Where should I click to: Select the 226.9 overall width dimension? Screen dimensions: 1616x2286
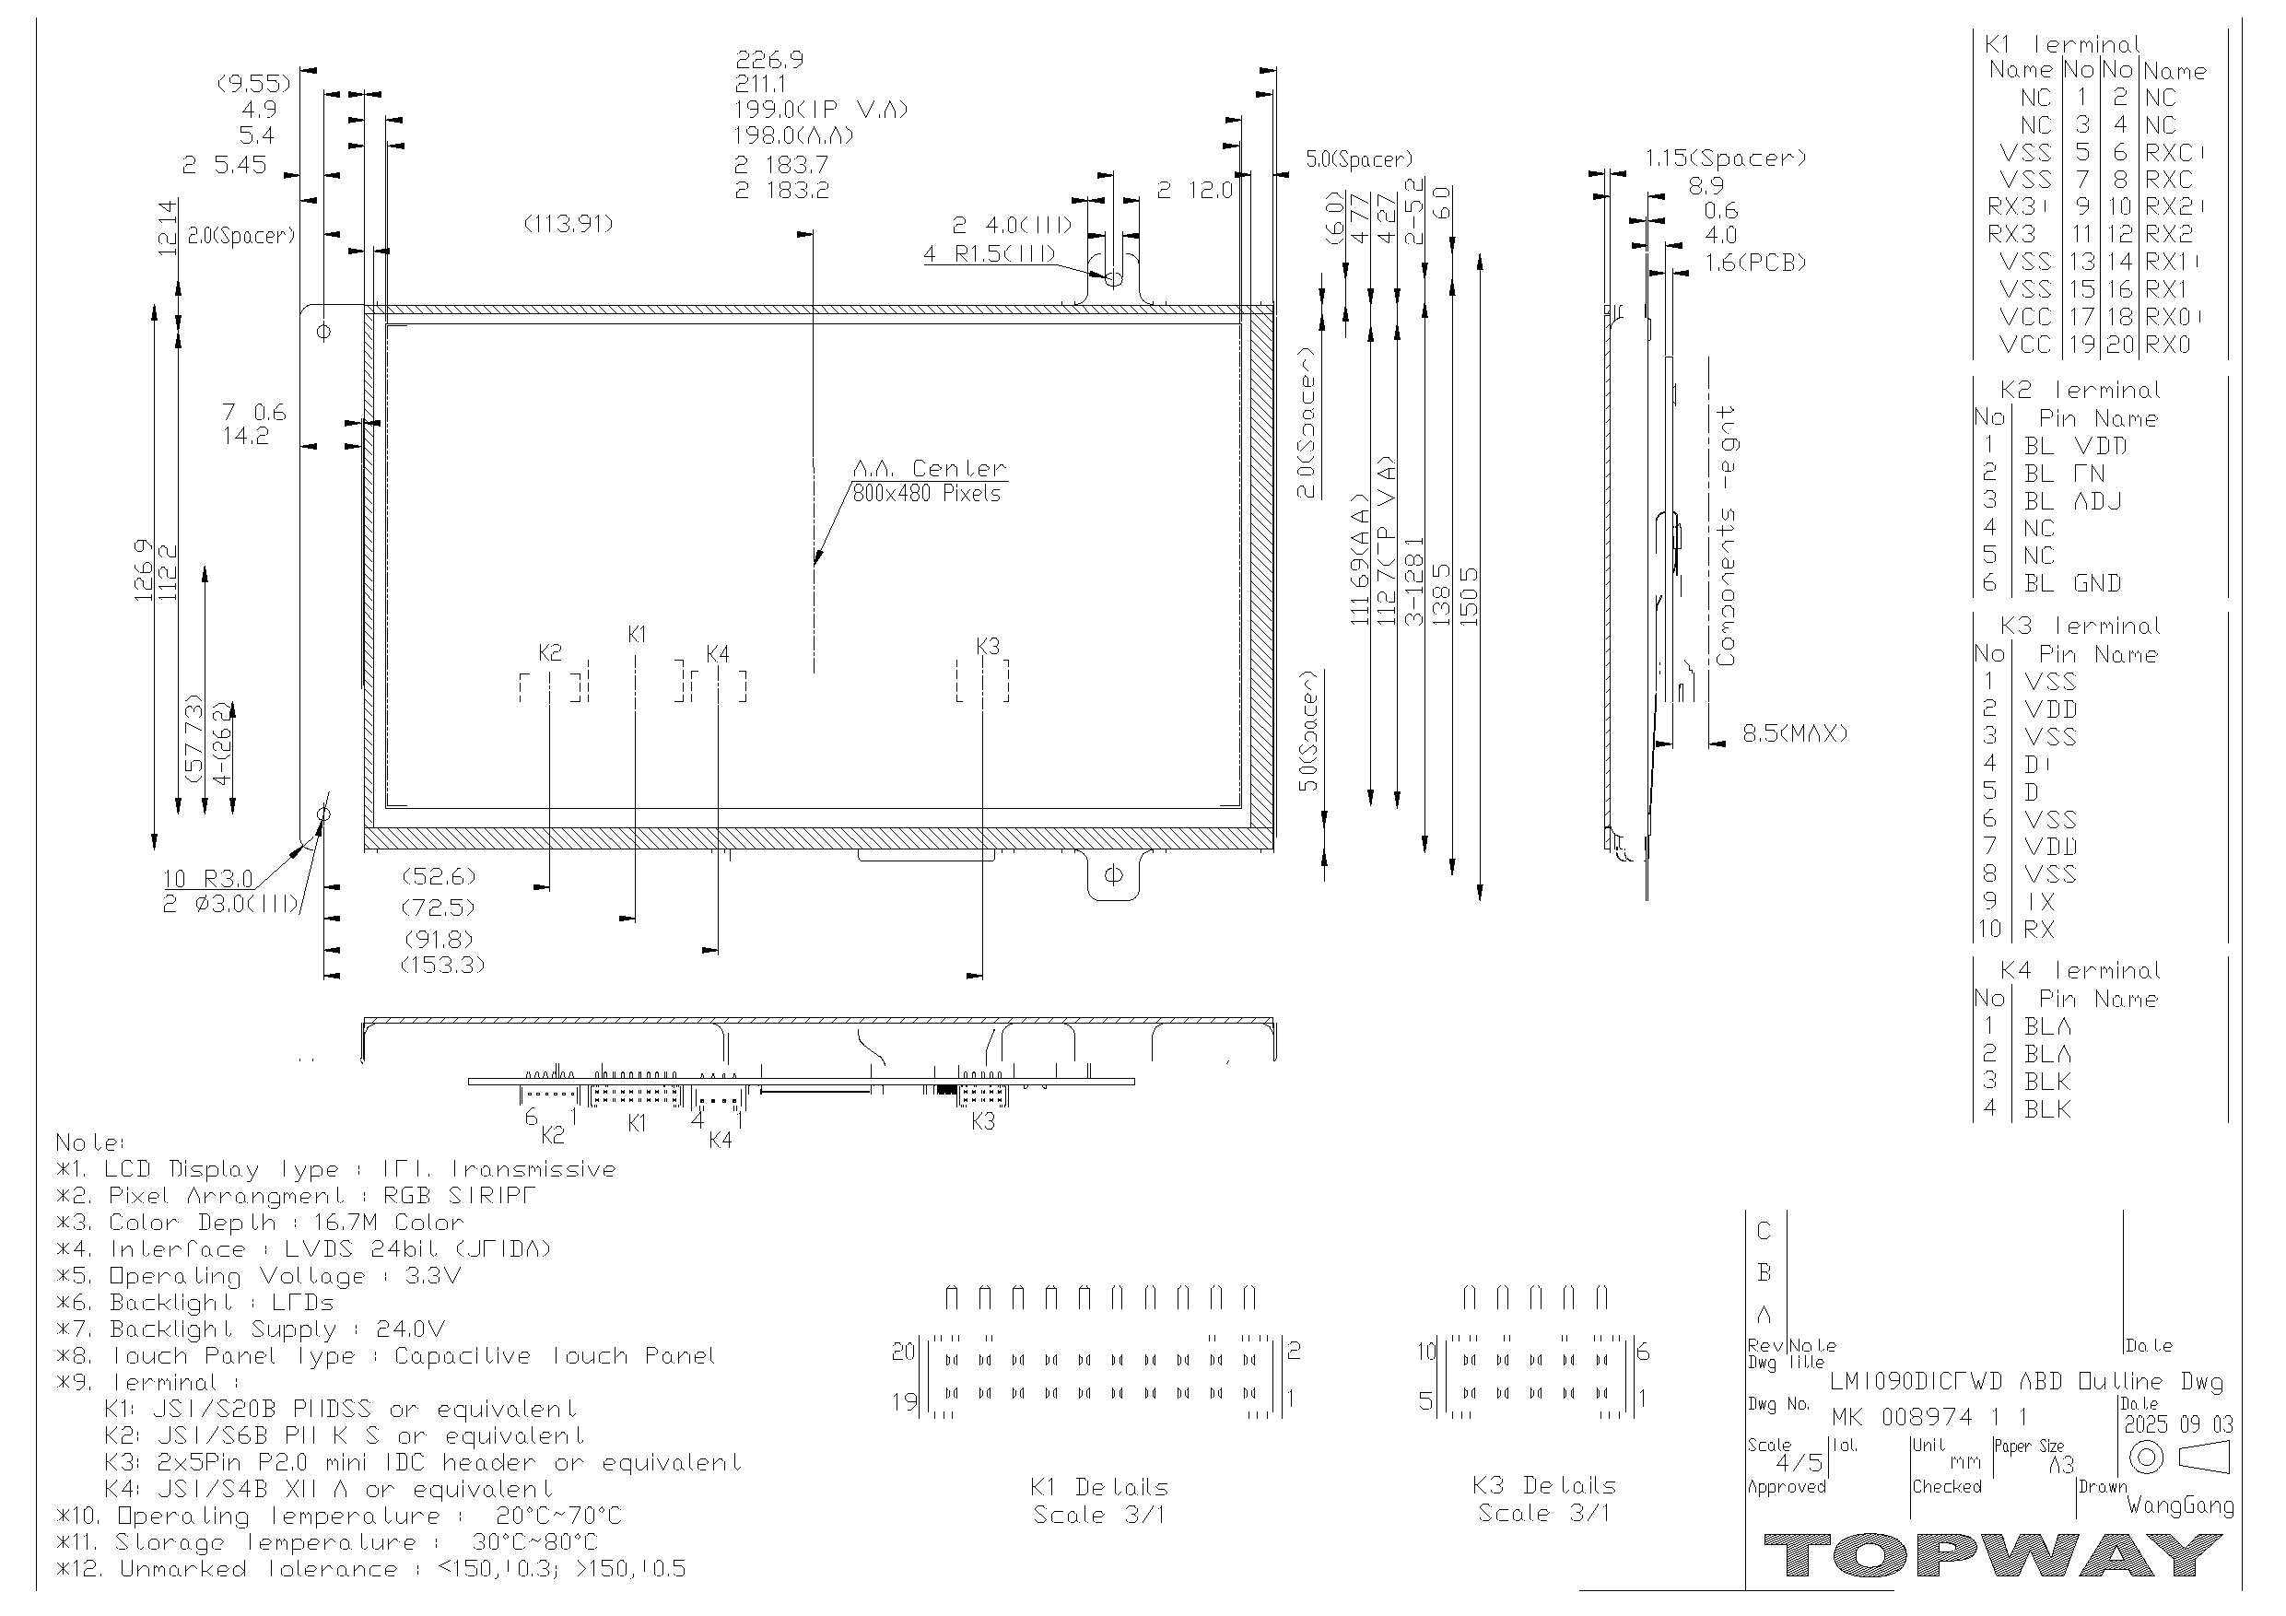click(768, 60)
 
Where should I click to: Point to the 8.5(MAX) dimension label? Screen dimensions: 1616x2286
click(1794, 733)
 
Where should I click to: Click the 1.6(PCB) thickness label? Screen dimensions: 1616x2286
click(1755, 263)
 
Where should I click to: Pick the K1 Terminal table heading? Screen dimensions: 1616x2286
click(2061, 45)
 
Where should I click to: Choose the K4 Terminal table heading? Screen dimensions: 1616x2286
click(2080, 971)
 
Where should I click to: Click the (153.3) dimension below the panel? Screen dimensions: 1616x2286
click(442, 965)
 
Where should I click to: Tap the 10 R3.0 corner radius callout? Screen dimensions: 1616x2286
click(208, 879)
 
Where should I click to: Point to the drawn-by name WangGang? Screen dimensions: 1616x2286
click(2179, 1505)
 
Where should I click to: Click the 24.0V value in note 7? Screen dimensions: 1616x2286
click(410, 1329)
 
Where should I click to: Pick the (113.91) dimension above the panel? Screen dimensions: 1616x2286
click(569, 224)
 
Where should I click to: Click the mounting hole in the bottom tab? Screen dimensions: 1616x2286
click(1113, 875)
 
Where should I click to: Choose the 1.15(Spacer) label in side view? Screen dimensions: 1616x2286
click(1725, 158)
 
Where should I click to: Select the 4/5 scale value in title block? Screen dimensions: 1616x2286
click(1799, 1463)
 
